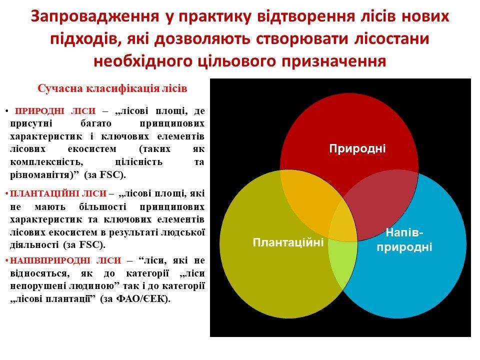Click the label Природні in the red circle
tap(357, 148)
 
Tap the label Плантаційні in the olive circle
tap(288, 242)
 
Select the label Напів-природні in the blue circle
tap(404, 239)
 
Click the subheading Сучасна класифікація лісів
tap(112, 88)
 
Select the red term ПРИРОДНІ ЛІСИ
tap(55, 110)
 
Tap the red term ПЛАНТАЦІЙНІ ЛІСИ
tap(58, 193)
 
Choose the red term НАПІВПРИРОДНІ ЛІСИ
tap(65, 260)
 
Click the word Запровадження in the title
tap(95, 16)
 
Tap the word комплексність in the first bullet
tap(46, 162)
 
